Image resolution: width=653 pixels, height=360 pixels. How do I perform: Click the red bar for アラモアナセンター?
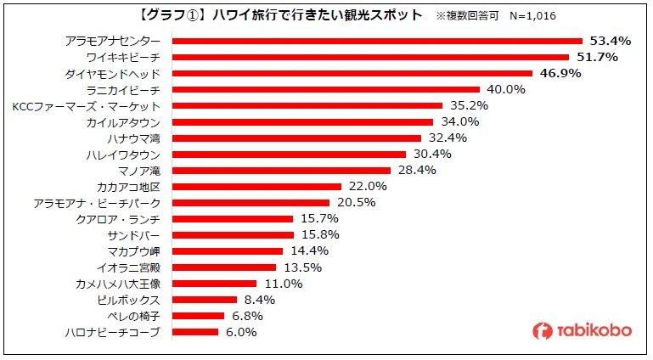[x=377, y=41]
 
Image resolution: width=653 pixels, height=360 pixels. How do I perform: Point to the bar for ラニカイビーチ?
[x=326, y=89]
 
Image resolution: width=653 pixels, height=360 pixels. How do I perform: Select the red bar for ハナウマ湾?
[x=296, y=138]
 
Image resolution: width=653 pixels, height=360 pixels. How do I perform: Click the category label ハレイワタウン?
[x=128, y=155]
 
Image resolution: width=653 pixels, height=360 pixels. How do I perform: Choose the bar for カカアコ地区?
[x=256, y=187]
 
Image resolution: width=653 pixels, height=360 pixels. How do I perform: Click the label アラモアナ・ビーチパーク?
[x=96, y=203]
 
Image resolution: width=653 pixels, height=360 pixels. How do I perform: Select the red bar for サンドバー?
[x=233, y=235]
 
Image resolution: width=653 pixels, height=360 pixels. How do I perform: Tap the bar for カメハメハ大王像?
[x=214, y=284]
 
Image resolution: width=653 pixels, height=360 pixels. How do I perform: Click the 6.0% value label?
[x=242, y=332]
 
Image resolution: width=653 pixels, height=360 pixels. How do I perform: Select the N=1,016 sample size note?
[x=529, y=16]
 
